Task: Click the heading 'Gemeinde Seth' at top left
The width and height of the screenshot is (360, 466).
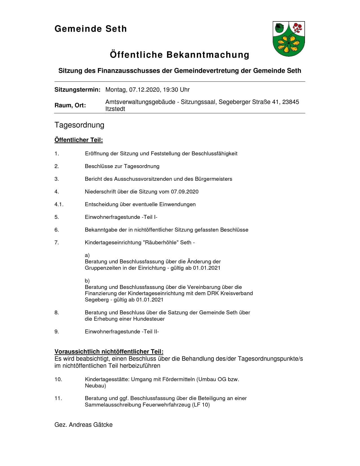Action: click(91, 29)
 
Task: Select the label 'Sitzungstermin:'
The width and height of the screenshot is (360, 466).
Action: click(77, 90)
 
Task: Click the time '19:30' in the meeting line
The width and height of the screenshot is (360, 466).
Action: click(171, 90)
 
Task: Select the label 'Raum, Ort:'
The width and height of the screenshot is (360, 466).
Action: click(70, 105)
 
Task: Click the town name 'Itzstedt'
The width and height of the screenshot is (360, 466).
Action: click(115, 109)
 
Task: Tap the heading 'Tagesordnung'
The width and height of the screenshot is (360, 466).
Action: click(79, 125)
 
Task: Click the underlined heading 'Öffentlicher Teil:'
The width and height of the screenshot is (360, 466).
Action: click(78, 140)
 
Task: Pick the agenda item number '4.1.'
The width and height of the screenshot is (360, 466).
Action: click(59, 204)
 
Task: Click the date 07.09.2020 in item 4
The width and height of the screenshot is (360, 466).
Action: click(185, 192)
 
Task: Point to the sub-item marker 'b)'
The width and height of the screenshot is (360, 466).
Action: click(87, 281)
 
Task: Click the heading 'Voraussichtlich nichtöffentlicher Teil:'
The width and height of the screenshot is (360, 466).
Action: click(109, 352)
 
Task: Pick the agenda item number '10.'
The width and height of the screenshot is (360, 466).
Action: click(58, 379)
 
